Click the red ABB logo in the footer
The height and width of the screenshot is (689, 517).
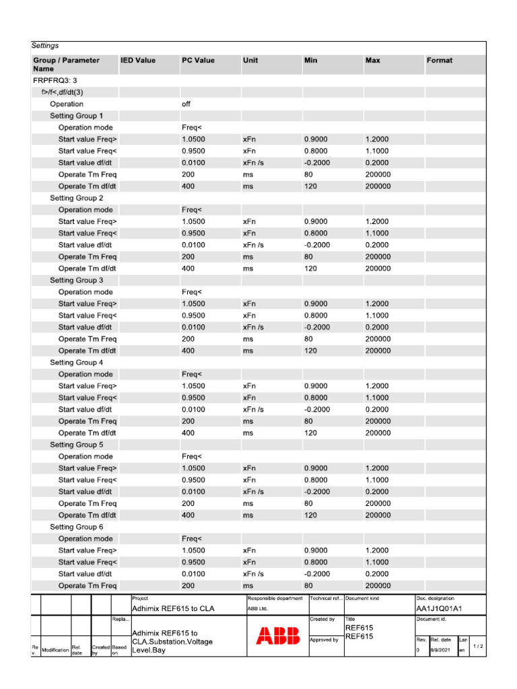pos(278,637)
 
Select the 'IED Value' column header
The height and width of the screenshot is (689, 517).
pos(137,61)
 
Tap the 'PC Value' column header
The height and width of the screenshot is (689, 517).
pos(198,61)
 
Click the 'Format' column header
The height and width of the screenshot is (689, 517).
pos(439,61)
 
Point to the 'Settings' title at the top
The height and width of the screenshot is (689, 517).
pos(45,46)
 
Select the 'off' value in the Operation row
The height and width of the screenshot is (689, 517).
pos(186,104)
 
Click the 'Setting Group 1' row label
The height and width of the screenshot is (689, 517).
pos(77,116)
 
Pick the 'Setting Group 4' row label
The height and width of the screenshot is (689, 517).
pos(77,363)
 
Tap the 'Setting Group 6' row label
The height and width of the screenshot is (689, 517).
pos(77,527)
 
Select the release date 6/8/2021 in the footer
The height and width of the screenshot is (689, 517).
pos(442,651)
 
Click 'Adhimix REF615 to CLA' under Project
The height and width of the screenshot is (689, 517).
pos(173,608)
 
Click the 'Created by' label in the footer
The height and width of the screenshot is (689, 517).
pos(322,618)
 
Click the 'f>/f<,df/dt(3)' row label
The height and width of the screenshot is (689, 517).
pos(62,92)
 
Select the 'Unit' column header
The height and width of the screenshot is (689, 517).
pos(250,61)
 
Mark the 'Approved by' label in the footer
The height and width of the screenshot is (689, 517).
pos(324,640)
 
